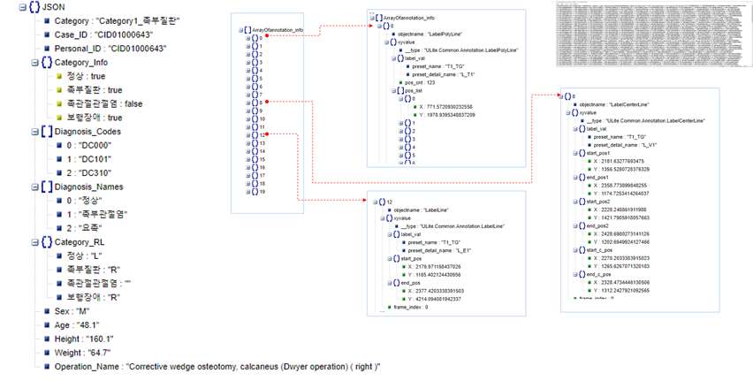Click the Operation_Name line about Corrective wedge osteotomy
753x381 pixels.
pos(217,366)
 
